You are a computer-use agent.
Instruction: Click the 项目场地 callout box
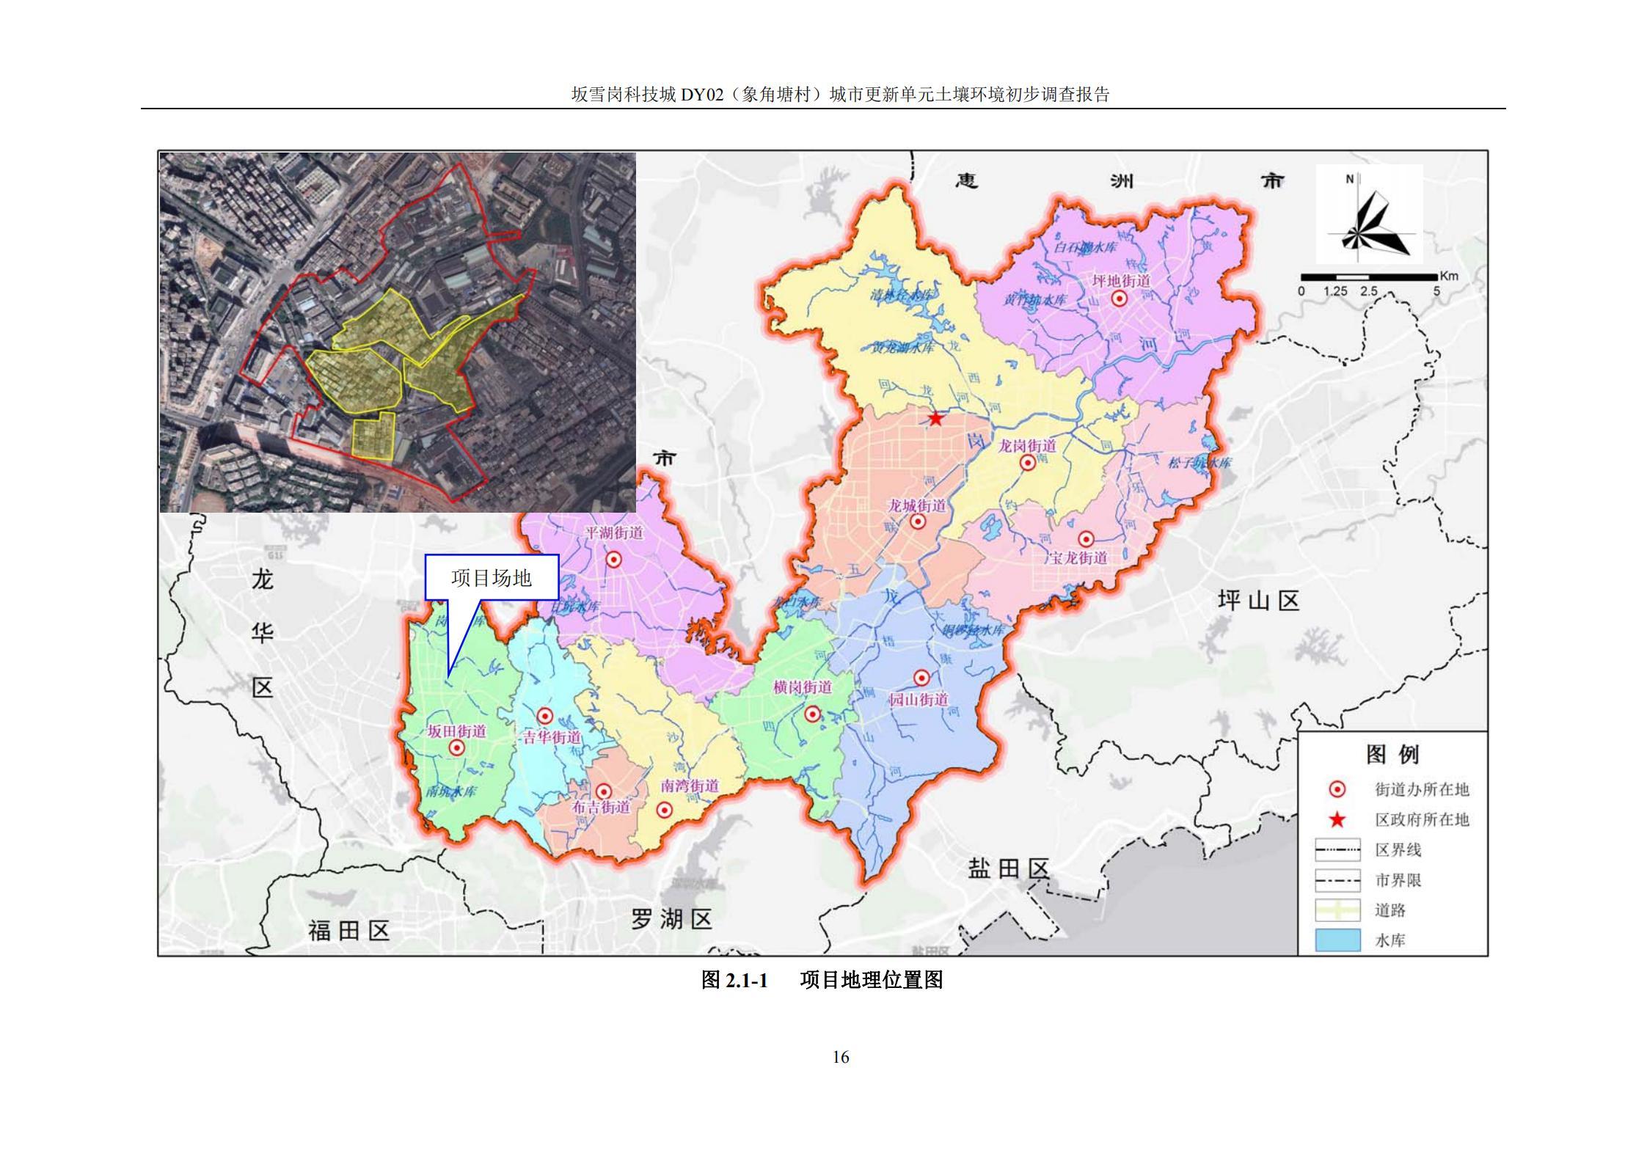pyautogui.click(x=492, y=578)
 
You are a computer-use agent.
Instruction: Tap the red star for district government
pyautogui.click(x=936, y=418)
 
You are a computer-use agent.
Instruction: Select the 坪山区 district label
pyautogui.click(x=1259, y=601)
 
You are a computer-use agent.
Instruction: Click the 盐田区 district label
pyautogui.click(x=1009, y=870)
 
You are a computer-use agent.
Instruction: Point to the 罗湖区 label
pyautogui.click(x=671, y=919)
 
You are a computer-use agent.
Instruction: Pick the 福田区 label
pyautogui.click(x=348, y=931)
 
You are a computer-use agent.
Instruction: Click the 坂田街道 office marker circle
pyautogui.click(x=456, y=747)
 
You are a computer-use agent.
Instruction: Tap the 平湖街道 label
pyautogui.click(x=614, y=533)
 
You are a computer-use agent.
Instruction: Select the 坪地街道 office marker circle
pyautogui.click(x=1120, y=298)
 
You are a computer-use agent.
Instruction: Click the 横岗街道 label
pyautogui.click(x=803, y=687)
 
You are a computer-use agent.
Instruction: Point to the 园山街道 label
pyautogui.click(x=919, y=699)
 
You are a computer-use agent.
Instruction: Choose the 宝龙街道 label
pyautogui.click(x=1078, y=558)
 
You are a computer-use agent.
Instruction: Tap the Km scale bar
pyautogui.click(x=1369, y=277)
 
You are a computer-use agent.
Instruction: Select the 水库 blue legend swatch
pyautogui.click(x=1337, y=940)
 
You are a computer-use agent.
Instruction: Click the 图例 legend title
pyautogui.click(x=1392, y=754)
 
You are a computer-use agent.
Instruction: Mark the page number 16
pyautogui.click(x=841, y=1057)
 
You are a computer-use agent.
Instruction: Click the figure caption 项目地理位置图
pyautogui.click(x=872, y=980)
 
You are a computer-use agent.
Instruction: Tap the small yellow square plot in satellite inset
pyautogui.click(x=373, y=436)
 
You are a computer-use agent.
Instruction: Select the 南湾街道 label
pyautogui.click(x=690, y=786)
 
